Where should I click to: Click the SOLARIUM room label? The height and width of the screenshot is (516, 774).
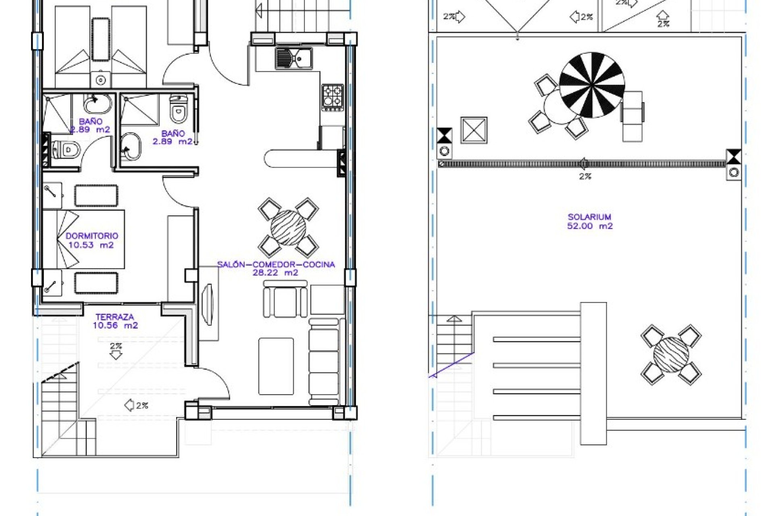point(589,217)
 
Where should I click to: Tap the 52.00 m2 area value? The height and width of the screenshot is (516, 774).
point(589,226)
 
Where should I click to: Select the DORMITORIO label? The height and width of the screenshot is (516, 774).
point(92,236)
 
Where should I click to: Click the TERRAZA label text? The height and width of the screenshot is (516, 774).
point(114,317)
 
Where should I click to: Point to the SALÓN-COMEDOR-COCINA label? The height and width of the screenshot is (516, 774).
point(276,264)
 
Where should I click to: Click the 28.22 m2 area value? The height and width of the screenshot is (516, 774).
point(275,273)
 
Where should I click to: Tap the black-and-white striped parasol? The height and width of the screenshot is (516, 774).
point(592,85)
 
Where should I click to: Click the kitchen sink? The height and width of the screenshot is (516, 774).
point(293,58)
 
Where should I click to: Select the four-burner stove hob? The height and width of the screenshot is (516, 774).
point(333,97)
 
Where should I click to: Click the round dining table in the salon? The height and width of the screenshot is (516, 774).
point(288,228)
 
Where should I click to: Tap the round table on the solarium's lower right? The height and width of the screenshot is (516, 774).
point(671,355)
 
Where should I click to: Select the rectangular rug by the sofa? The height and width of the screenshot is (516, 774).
point(276,366)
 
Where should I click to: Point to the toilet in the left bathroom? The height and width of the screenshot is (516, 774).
point(65,150)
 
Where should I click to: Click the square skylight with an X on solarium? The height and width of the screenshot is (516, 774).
point(474,130)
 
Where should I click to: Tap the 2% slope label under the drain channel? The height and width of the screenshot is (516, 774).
point(585,177)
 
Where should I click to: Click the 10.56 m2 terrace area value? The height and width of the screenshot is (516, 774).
point(115,326)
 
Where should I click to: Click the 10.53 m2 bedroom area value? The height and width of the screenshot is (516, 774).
point(91,245)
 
